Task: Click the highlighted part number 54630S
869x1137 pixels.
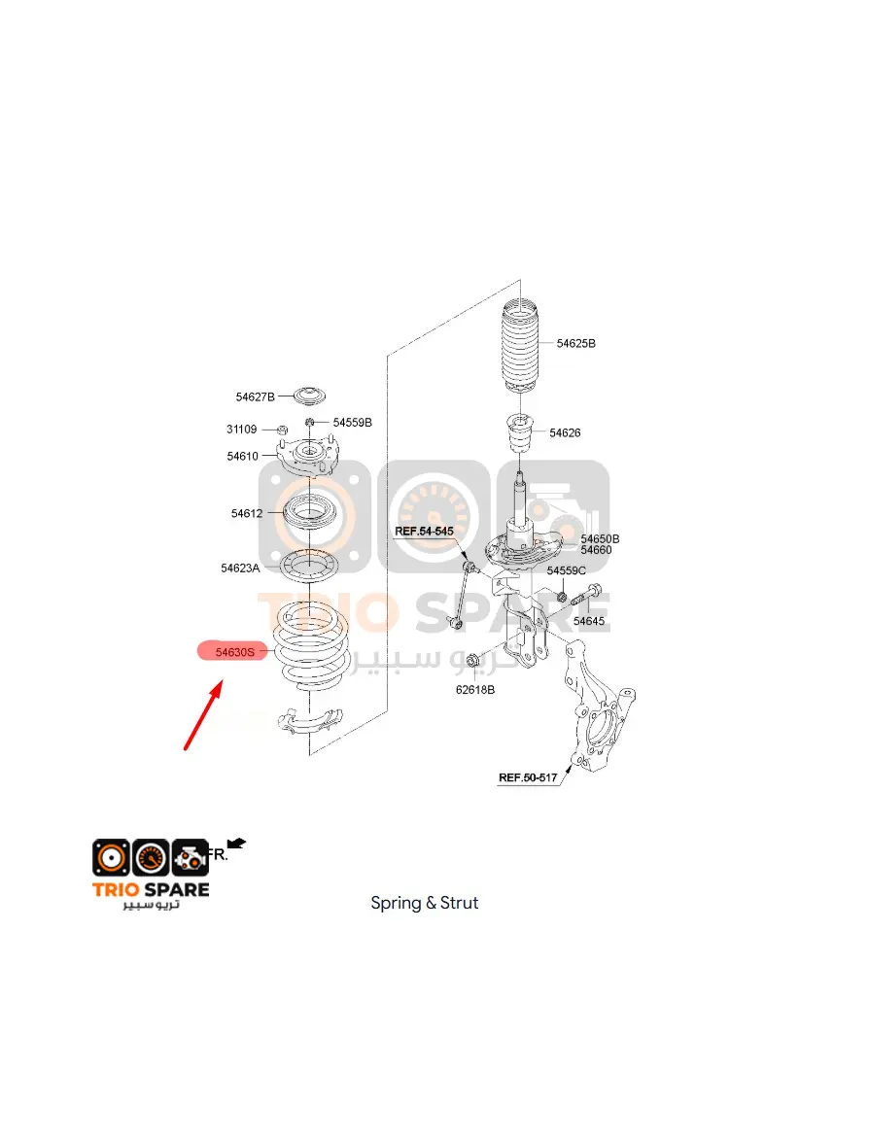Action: (x=235, y=652)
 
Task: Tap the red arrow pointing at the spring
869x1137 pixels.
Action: (x=203, y=714)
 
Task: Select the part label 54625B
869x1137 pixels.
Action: (x=576, y=343)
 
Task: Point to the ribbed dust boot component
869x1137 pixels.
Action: (x=521, y=348)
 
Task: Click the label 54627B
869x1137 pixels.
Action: (x=256, y=396)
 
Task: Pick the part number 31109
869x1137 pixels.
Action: (x=241, y=429)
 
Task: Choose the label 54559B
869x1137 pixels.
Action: (x=353, y=422)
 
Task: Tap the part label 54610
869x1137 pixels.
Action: (x=242, y=456)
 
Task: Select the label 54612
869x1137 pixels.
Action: (x=247, y=513)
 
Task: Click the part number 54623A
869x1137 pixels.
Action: (x=240, y=568)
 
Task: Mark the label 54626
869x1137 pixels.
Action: (x=565, y=432)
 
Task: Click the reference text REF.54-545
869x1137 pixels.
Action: (x=425, y=531)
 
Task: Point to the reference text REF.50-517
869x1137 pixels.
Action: (x=528, y=777)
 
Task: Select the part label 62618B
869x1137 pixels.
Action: (x=475, y=690)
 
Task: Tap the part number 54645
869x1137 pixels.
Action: (x=589, y=621)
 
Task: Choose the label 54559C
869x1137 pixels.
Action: (x=567, y=570)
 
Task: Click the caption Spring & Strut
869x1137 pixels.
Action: (x=425, y=903)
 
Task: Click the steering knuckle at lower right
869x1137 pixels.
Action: (x=598, y=707)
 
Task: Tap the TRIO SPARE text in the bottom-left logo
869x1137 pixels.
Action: (x=151, y=890)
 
